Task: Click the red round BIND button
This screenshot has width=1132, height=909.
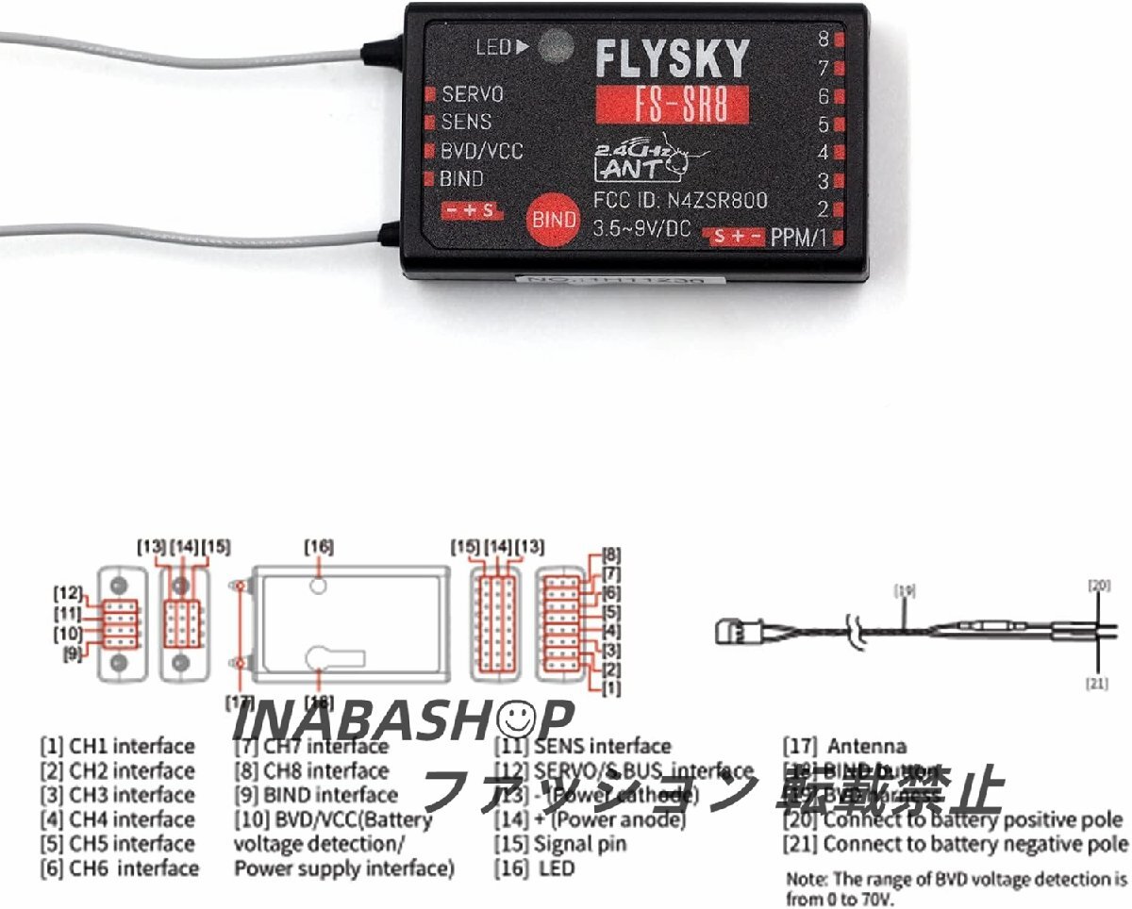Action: [x=553, y=219]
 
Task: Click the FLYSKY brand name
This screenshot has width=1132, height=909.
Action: [x=672, y=58]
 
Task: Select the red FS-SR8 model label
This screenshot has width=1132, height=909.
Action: [x=673, y=105]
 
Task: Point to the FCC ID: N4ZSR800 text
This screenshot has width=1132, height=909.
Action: [x=679, y=200]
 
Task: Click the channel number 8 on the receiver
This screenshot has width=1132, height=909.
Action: [x=824, y=39]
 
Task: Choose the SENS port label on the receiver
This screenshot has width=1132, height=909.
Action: [x=466, y=122]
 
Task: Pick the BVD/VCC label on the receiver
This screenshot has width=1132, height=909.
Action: [x=481, y=151]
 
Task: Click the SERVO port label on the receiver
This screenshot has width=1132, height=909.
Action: [x=472, y=94]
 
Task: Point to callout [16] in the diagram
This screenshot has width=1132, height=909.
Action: [x=318, y=546]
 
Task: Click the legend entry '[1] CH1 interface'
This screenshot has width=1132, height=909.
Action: [x=117, y=747]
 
